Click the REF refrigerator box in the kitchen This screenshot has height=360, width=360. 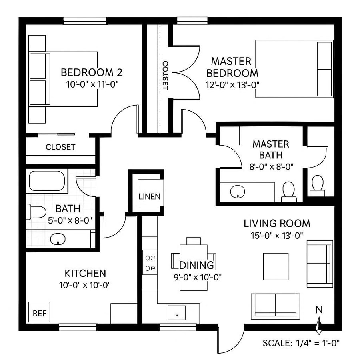coord(39,312)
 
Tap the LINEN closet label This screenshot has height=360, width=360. coord(150,196)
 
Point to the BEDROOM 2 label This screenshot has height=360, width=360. coord(91,72)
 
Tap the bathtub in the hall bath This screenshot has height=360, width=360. coord(47,181)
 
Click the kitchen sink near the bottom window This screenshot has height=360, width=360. coord(176,313)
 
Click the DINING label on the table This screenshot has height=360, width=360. coord(196,265)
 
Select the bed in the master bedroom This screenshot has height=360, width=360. coord(294,68)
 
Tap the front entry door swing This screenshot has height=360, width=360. coord(231,338)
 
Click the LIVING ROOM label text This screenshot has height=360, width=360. coord(277,223)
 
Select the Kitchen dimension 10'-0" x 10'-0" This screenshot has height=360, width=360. coord(85,285)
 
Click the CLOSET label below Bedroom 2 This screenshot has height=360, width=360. coord(60,147)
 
